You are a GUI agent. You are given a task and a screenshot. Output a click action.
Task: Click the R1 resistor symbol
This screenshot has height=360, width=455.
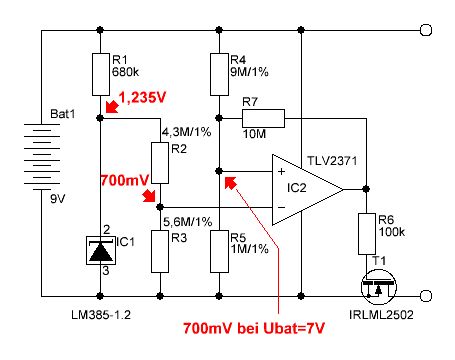[x=101, y=74]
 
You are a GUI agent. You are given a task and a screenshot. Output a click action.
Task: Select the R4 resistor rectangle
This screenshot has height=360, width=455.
[x=219, y=74]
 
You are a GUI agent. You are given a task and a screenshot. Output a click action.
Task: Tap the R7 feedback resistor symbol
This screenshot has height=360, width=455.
[x=263, y=118]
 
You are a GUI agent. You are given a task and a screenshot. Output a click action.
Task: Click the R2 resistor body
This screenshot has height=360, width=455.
[x=160, y=163]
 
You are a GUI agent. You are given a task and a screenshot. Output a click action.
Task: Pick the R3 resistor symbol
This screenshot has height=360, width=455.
[x=160, y=251]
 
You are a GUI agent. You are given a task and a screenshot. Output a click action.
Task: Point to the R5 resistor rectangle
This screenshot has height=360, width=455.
[x=219, y=251]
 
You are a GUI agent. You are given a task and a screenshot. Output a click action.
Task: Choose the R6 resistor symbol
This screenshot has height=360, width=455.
[x=367, y=234]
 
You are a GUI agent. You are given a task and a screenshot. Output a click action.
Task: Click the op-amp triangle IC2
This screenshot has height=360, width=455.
[x=307, y=189]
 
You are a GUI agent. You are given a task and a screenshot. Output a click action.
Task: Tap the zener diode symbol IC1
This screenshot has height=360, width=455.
[x=101, y=251]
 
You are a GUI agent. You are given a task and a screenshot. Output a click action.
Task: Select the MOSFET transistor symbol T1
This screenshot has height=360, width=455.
[x=379, y=287]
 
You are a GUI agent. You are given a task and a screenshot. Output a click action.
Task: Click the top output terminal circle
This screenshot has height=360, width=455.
[x=426, y=30]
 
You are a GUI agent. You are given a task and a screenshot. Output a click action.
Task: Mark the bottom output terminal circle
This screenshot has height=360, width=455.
[x=426, y=296]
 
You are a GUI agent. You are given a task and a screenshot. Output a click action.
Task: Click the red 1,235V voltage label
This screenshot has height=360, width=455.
[x=142, y=98]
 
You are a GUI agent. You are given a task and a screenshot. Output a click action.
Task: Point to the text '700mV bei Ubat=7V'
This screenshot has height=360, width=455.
[x=254, y=328]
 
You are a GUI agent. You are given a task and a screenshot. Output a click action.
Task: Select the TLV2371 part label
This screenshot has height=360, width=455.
[x=332, y=161]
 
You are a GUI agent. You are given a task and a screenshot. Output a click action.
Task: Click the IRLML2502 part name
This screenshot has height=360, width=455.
[x=381, y=314]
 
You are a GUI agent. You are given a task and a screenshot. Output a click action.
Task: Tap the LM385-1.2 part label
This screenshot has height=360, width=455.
[x=101, y=314]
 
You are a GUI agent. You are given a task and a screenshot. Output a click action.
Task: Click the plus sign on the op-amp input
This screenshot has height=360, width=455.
[x=282, y=171]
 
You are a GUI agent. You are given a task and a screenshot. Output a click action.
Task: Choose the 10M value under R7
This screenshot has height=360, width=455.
[x=254, y=134]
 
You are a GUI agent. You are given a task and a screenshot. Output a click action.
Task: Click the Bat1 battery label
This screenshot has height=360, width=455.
[x=63, y=114]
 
